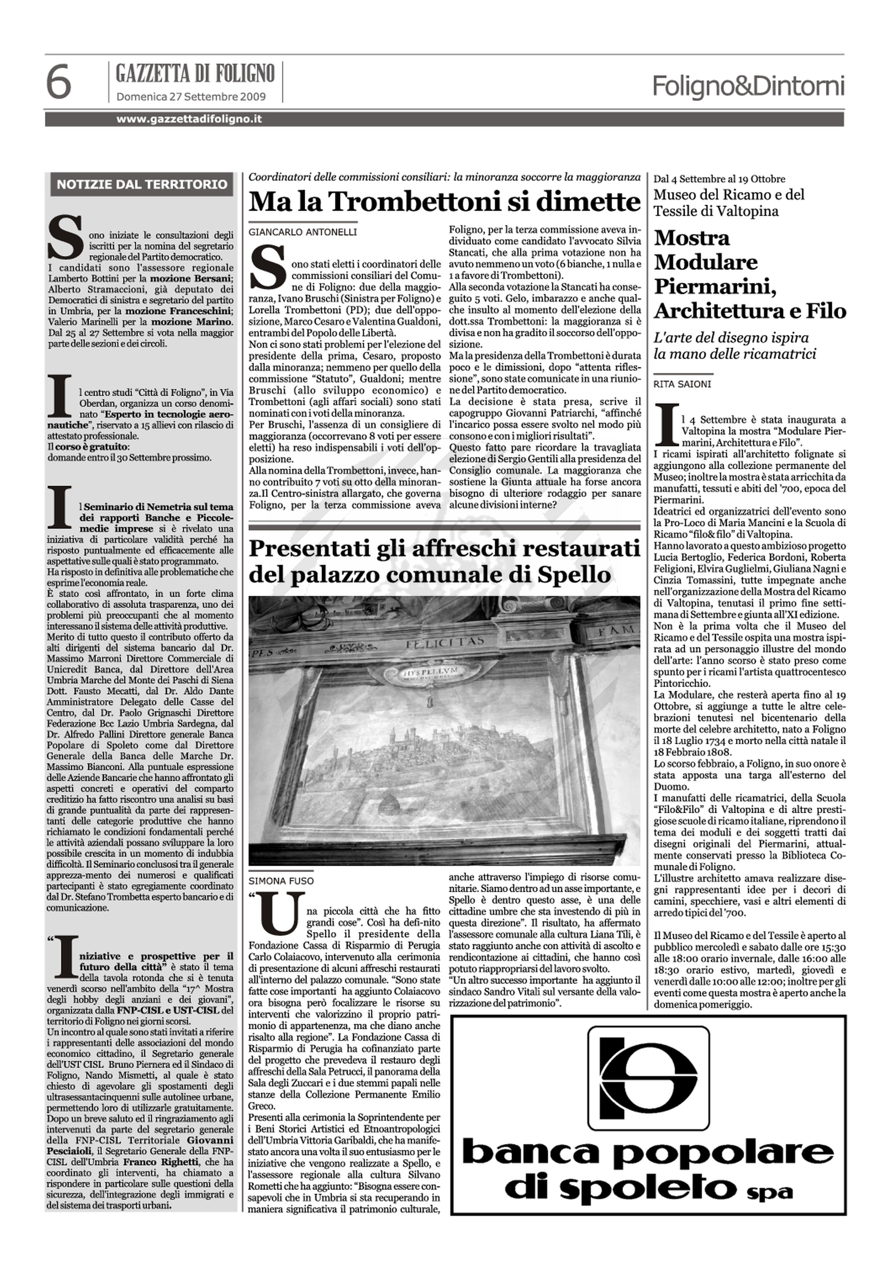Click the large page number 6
[58, 82]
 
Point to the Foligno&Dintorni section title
[748, 86]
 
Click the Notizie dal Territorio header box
[142, 184]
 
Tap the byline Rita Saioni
[682, 383]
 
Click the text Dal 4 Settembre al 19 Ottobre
[719, 179]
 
